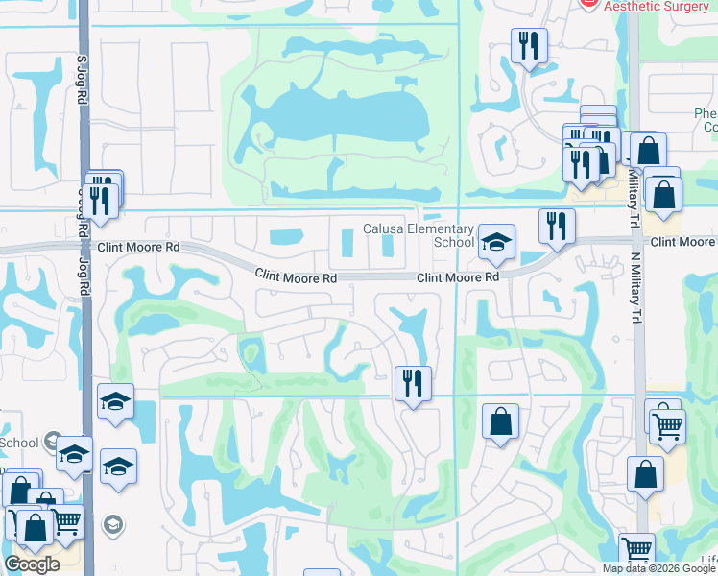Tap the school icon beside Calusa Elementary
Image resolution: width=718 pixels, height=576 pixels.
coord(497,242)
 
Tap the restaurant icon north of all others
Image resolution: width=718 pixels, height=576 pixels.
coord(529,45)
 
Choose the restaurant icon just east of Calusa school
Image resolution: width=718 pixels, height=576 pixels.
coord(557,226)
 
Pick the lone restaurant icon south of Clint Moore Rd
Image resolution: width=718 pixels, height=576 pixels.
coord(414,383)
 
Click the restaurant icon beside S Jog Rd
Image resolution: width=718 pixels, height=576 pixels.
coord(100,200)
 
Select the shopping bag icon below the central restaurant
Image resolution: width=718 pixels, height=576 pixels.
coord(500,420)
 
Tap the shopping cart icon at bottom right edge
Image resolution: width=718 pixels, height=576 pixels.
coord(636,550)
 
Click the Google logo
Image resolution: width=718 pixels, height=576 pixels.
coord(32,564)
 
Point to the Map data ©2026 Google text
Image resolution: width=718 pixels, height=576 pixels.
coord(658,568)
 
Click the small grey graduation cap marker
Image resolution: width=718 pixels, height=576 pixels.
coord(113,524)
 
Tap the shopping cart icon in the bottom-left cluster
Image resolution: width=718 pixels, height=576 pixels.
coord(66,521)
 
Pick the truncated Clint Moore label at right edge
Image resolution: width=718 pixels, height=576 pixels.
coord(682,242)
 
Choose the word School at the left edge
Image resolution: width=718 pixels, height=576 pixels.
coord(19,443)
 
